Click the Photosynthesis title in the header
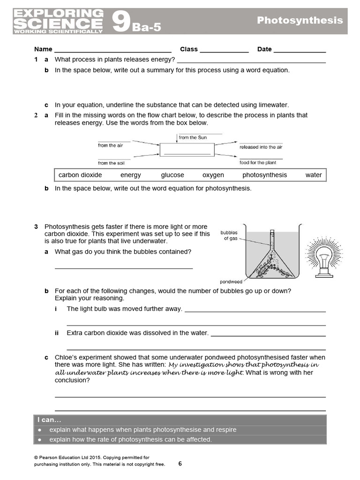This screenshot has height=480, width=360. click(300, 20)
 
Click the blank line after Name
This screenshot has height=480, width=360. click(112, 50)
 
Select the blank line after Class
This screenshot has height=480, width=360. click(224, 50)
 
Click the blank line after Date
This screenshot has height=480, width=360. click(300, 50)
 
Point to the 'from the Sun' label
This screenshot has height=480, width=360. click(192, 137)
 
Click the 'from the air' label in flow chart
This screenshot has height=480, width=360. click(110, 146)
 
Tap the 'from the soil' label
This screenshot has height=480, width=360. click(110, 163)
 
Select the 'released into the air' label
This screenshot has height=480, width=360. click(261, 147)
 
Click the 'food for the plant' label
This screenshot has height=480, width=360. click(258, 163)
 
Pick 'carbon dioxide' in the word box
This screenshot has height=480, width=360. click(80, 175)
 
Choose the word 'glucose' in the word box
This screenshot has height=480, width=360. click(172, 175)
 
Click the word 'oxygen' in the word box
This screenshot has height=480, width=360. click(213, 175)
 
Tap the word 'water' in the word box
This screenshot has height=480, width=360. click(314, 175)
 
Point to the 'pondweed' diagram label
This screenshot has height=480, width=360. click(231, 282)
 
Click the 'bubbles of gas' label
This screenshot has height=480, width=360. click(230, 235)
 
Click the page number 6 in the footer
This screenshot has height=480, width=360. click(180, 464)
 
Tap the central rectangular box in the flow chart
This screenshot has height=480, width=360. click(187, 150)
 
